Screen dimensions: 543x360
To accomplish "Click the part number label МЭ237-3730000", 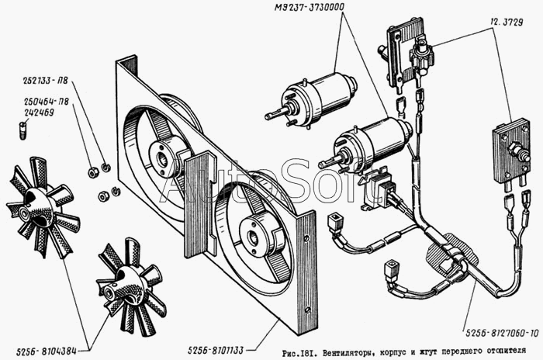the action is click(x=310, y=8).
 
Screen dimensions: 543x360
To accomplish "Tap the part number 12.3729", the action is click(x=507, y=22).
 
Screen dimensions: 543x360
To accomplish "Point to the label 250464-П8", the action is click(x=47, y=102).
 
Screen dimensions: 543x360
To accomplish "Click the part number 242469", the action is click(x=39, y=113).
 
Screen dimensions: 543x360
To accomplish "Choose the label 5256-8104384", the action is click(x=46, y=351).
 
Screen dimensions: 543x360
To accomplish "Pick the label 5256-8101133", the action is click(x=216, y=350).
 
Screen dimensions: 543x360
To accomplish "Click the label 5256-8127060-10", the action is click(x=502, y=334).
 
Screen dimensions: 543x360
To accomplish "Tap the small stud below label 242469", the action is click(x=23, y=130).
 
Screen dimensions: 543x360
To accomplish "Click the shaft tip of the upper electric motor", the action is click(x=268, y=116).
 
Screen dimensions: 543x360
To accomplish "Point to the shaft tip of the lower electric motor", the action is click(x=321, y=162).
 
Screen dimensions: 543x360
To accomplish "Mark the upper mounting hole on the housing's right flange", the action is click(x=306, y=239).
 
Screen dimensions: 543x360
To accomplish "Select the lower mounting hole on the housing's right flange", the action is click(x=308, y=310).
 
